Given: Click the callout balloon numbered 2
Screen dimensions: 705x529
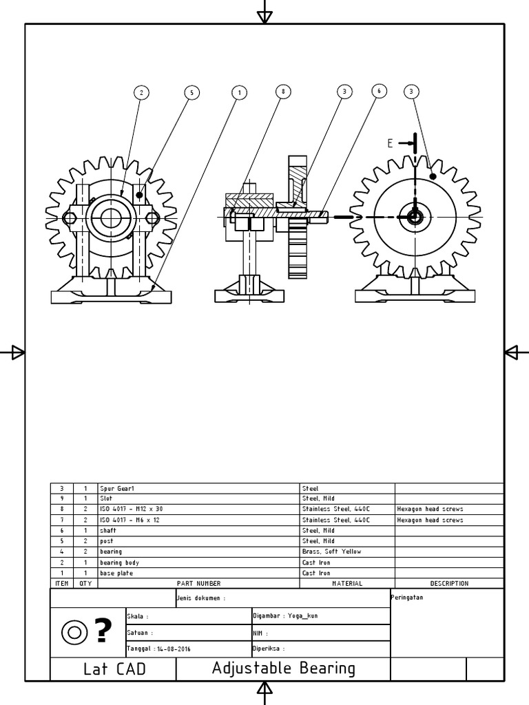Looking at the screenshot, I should (141, 92).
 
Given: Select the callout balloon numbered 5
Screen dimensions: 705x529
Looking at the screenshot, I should (191, 92).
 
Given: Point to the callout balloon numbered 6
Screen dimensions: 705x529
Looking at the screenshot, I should (377, 91).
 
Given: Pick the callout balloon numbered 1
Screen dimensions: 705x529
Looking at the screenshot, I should (239, 92).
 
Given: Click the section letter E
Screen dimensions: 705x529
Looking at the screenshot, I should (390, 143).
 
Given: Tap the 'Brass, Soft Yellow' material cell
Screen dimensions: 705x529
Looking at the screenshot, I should (331, 551).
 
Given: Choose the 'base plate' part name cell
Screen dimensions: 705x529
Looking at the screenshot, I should (116, 573).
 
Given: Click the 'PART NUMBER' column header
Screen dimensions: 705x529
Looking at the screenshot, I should (198, 583).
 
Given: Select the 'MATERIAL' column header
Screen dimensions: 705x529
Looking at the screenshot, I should (347, 583).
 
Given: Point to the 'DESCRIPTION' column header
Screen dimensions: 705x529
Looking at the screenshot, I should (449, 583).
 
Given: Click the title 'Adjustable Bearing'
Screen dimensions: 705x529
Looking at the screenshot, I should (283, 668).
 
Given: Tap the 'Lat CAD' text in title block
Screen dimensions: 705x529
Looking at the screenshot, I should (114, 669).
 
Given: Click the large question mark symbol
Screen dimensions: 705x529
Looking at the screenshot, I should (103, 630).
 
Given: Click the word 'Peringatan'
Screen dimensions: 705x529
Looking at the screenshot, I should (407, 597).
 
